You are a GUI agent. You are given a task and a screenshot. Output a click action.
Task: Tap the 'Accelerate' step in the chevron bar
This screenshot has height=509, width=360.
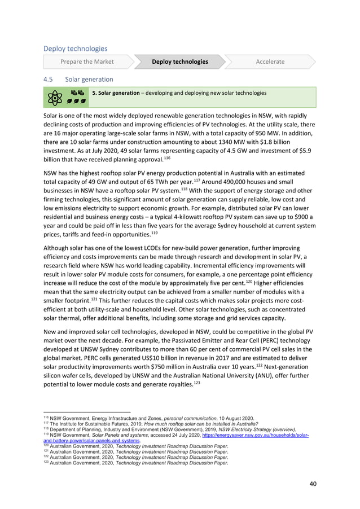click(270, 62)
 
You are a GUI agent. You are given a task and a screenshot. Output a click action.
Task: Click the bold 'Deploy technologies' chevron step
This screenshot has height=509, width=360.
click(179, 62)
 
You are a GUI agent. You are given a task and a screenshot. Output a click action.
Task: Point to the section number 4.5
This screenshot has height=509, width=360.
click(49, 79)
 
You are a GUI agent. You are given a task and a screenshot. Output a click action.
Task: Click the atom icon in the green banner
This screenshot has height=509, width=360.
click(56, 98)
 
